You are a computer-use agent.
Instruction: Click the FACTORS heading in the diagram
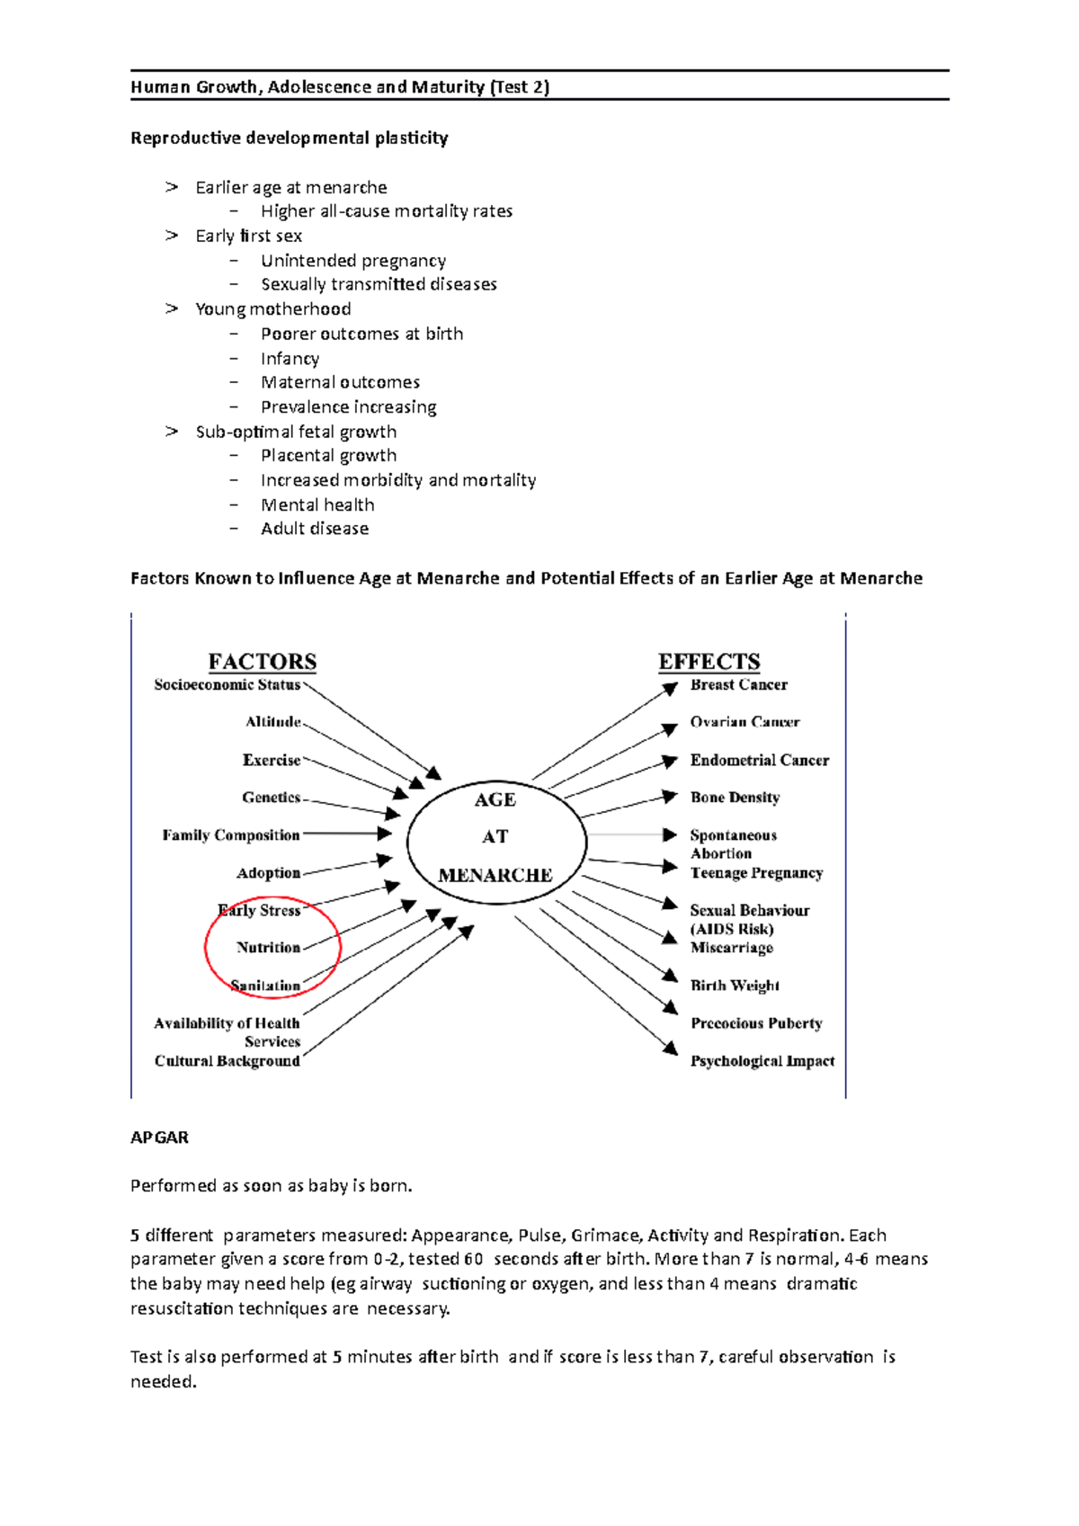click(262, 662)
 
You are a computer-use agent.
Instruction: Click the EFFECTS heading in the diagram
click(709, 662)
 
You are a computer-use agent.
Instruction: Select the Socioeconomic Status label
click(227, 684)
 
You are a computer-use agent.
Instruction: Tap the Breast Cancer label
click(738, 684)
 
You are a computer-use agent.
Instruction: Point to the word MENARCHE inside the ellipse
click(495, 875)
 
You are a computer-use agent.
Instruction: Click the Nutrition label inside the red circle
click(268, 947)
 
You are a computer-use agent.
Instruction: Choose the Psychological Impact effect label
click(762, 1061)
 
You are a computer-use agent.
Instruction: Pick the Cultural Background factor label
click(227, 1061)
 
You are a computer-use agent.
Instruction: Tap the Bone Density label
click(735, 798)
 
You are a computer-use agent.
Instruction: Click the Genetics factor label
click(271, 798)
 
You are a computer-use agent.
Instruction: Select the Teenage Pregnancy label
click(756, 873)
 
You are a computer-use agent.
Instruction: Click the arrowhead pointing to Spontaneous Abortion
click(670, 835)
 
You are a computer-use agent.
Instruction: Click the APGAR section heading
click(159, 1138)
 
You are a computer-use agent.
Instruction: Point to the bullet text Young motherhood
click(273, 309)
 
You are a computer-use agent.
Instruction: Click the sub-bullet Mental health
click(317, 504)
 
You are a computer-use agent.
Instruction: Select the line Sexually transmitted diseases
click(379, 284)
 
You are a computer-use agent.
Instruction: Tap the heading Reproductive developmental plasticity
click(289, 138)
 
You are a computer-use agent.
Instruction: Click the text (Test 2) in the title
click(519, 86)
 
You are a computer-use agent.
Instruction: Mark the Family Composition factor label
click(231, 835)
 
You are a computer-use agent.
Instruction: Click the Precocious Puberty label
click(756, 1023)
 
